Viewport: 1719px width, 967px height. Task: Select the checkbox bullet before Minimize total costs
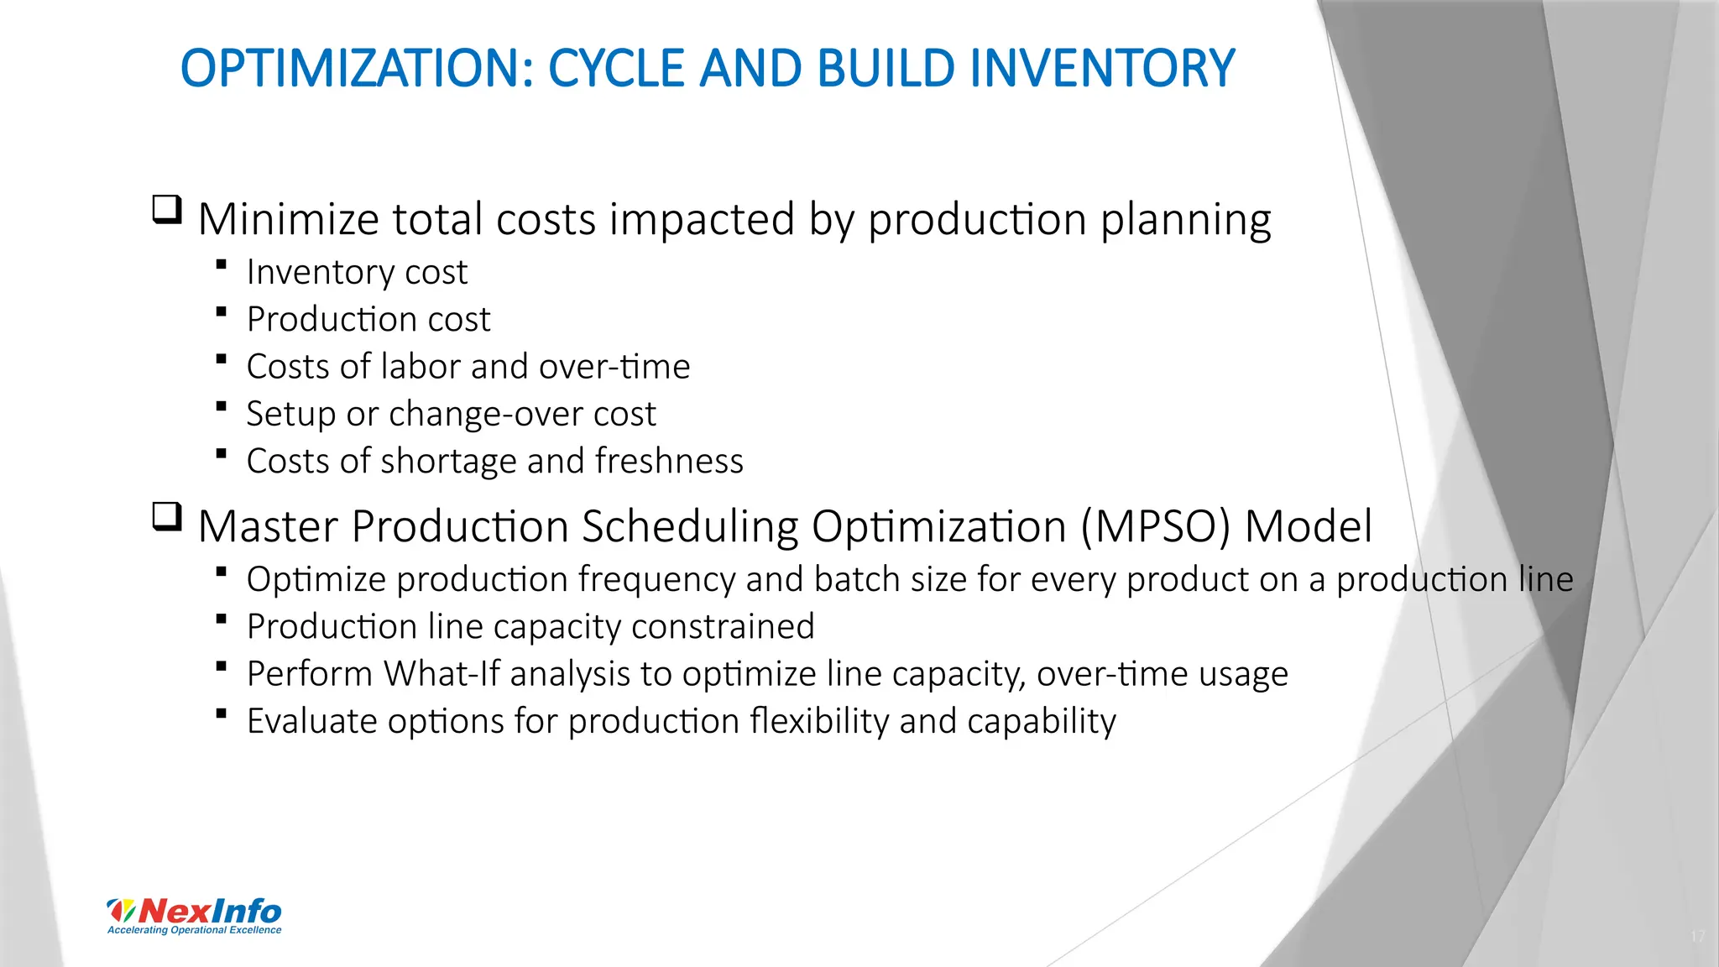pyautogui.click(x=167, y=209)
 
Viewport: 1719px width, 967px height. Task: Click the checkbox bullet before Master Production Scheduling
pyautogui.click(x=167, y=516)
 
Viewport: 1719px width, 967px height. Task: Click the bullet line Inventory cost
pyautogui.click(x=356, y=273)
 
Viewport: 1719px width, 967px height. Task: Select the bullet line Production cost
pyautogui.click(x=368, y=320)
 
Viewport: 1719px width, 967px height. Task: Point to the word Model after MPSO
pyautogui.click(x=1308, y=527)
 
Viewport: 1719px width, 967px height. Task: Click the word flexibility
pyautogui.click(x=818, y=722)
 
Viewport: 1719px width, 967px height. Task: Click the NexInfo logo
pyautogui.click(x=195, y=911)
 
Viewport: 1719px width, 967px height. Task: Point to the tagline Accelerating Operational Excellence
pyautogui.click(x=195, y=930)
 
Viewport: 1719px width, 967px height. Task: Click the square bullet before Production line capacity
pyautogui.click(x=221, y=619)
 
